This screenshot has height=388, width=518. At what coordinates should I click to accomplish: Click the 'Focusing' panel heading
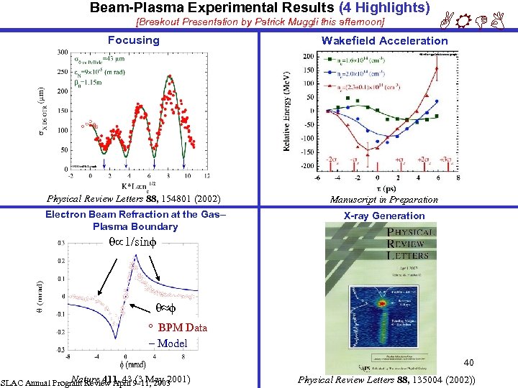133,40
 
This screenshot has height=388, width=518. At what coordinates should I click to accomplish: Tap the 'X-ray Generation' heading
383,216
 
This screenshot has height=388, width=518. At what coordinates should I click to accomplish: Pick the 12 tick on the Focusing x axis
207,175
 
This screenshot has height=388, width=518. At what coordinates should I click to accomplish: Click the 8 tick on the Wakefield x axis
458,177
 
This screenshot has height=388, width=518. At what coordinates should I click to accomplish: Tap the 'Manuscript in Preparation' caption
383,200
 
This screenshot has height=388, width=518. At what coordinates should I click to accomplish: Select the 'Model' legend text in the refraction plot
172,343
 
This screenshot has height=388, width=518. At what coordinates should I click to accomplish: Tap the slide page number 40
468,362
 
